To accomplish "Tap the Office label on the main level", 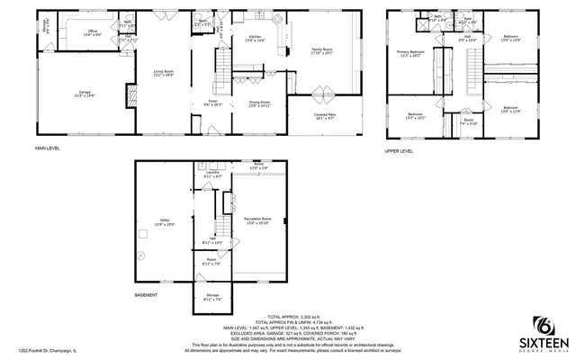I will [92, 33].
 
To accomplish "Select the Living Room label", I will [162, 75].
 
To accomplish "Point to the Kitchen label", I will [255, 39].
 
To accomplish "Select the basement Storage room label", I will [211, 298].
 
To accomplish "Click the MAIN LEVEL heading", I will [48, 148].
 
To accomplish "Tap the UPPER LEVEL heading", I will [399, 151].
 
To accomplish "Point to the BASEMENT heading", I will [147, 294].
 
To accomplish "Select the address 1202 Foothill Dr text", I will [44, 352].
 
